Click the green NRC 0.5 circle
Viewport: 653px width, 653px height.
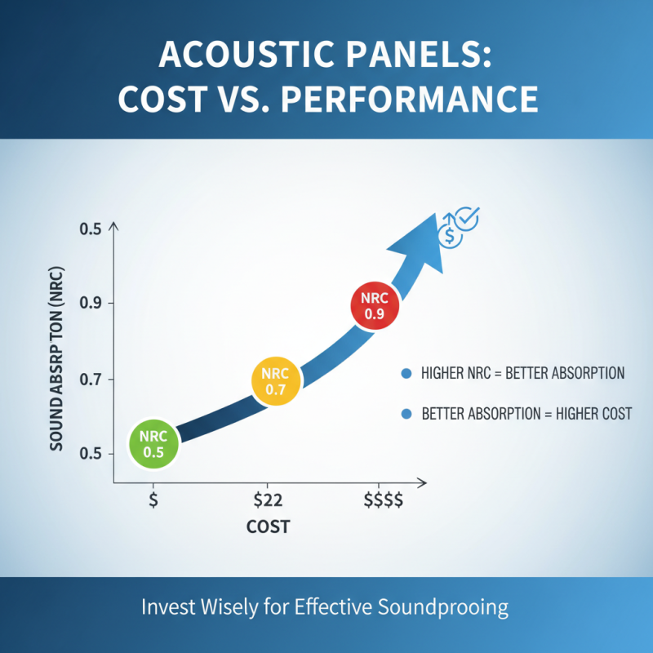153,441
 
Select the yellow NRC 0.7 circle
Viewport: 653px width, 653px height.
277,380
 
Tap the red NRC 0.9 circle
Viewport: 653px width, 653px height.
375,306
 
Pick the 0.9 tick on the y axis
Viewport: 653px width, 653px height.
90,304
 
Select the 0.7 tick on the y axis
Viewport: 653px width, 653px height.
90,379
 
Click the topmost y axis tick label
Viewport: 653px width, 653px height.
90,229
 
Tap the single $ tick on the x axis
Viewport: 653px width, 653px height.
153,500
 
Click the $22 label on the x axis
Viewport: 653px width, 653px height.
269,500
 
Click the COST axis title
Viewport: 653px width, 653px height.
268,527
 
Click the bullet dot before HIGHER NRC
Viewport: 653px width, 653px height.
406,374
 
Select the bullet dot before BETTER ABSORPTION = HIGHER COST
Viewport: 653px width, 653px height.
406,414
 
